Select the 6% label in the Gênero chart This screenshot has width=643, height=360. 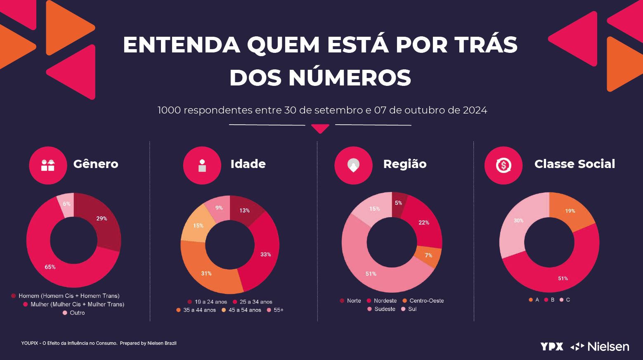point(66,204)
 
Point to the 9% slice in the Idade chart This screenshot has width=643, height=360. point(219,208)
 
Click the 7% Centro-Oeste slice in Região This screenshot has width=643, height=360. point(429,256)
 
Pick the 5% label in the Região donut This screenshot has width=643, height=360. point(398,203)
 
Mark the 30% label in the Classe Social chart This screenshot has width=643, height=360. point(518,220)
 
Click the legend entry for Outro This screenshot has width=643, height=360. point(74,313)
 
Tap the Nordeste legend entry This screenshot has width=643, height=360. point(382,301)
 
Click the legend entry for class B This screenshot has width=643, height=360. point(550,300)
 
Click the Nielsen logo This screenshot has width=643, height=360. point(600,346)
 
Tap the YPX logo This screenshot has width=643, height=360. point(552,346)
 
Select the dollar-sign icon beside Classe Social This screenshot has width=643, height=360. point(504,166)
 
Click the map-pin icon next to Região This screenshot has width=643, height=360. point(353,166)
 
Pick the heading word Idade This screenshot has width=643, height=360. point(248,164)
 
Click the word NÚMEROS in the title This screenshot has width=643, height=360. point(350,77)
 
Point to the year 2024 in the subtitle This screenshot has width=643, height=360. point(475,111)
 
